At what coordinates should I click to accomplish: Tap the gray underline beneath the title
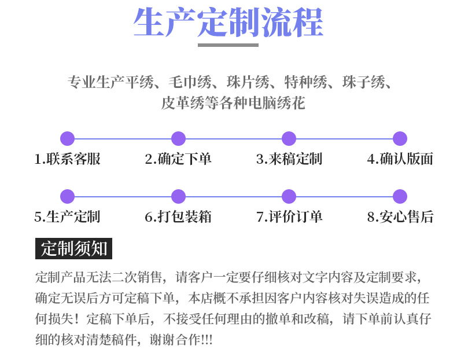(228, 45)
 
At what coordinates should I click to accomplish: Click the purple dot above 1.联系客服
(68, 138)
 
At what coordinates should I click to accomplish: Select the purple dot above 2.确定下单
(178, 138)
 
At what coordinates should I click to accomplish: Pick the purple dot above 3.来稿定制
(289, 138)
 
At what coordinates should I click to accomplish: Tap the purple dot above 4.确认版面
(400, 138)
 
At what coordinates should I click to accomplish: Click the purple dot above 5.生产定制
(68, 196)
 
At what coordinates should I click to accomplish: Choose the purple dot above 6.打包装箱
(178, 196)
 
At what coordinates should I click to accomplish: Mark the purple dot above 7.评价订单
(289, 196)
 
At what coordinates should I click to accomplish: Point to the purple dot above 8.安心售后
(400, 196)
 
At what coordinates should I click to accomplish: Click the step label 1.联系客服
(68, 159)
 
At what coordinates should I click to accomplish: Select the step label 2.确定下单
(178, 159)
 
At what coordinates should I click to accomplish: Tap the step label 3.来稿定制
(289, 159)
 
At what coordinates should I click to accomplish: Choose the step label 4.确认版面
(400, 159)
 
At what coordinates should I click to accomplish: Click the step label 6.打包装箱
(178, 217)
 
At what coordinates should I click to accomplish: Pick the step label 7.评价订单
(289, 217)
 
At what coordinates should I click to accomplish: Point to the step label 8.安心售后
(400, 217)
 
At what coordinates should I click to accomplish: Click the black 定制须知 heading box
(73, 248)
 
